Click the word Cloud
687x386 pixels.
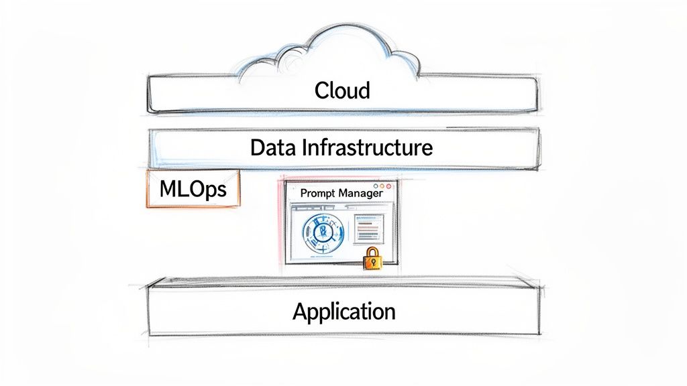(342, 90)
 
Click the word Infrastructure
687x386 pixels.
(366, 147)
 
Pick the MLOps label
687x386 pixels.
(192, 190)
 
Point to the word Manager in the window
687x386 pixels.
(360, 193)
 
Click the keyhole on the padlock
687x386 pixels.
(371, 261)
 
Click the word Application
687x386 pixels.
(344, 312)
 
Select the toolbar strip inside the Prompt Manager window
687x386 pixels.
(322, 208)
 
